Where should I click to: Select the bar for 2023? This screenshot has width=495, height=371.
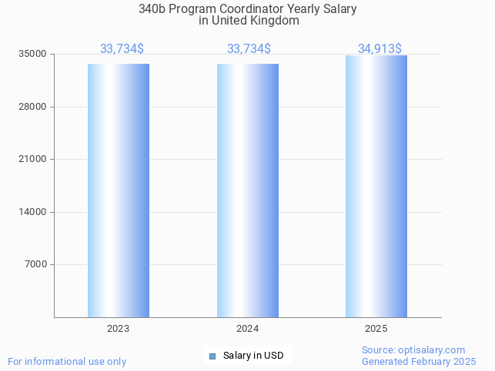(x=119, y=190)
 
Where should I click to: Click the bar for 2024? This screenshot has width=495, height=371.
(x=248, y=190)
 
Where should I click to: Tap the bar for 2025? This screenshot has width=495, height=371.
(x=376, y=187)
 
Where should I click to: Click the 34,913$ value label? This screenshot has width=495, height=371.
(x=380, y=48)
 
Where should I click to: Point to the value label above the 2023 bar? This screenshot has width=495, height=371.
(x=122, y=48)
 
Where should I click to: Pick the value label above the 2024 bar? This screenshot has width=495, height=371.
(x=249, y=48)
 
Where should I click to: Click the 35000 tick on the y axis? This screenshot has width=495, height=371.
(x=33, y=54)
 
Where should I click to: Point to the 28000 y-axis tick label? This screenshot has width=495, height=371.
(x=33, y=107)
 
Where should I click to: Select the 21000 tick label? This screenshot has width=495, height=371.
(x=33, y=159)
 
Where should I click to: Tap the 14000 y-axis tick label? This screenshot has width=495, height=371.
(x=33, y=212)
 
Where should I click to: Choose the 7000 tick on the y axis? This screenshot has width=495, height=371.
(x=35, y=264)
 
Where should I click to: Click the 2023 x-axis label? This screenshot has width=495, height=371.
(x=119, y=329)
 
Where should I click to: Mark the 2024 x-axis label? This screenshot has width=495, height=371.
(x=248, y=329)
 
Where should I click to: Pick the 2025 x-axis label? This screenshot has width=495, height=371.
(x=376, y=329)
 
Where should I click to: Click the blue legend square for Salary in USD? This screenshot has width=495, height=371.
(x=212, y=356)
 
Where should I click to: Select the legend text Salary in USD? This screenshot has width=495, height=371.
(x=253, y=356)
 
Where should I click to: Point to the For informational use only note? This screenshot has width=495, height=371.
(x=67, y=361)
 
